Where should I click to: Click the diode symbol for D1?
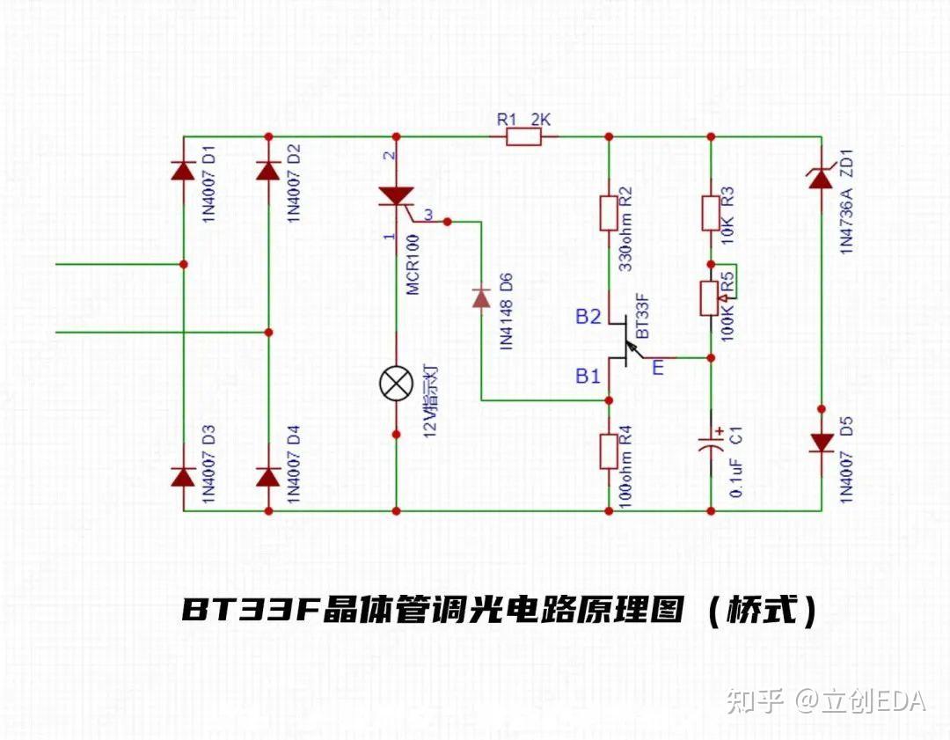[183, 170]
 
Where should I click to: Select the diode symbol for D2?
[268, 170]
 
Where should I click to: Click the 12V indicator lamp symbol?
[396, 384]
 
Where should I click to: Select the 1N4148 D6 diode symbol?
[481, 298]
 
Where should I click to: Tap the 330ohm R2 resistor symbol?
[608, 213]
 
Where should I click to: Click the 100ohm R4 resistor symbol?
[608, 451]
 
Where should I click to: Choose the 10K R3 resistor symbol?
[711, 213]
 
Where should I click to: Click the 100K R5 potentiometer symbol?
[711, 298]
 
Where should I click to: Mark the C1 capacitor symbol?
[711, 443]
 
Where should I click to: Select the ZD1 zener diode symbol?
[820, 180]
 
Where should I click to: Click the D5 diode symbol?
[820, 443]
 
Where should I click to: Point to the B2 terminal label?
[588, 317]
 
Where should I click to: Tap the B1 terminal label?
[588, 377]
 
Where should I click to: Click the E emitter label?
[658, 369]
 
